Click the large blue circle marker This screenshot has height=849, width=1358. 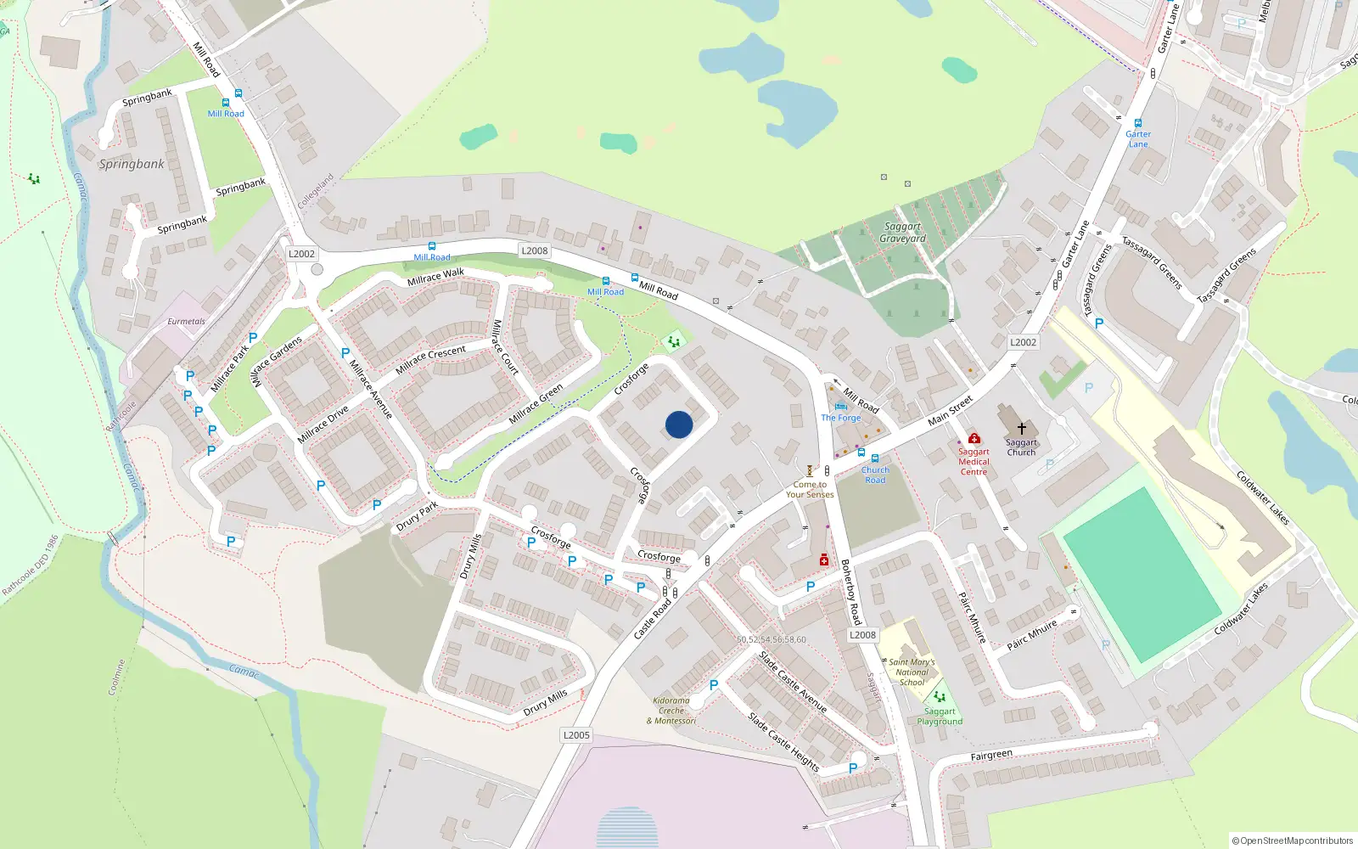[x=679, y=424]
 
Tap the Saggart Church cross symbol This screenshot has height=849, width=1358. [x=1022, y=429]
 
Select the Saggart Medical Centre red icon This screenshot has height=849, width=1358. [x=974, y=439]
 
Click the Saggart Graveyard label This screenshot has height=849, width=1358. [x=902, y=233]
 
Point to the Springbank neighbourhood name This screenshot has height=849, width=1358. [x=132, y=164]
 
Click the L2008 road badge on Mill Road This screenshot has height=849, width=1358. [x=535, y=250]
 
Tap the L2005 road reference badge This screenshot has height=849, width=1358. [x=576, y=735]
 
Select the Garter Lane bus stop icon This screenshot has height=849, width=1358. [x=1138, y=123]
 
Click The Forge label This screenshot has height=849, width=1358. [x=841, y=418]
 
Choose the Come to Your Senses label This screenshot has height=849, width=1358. [x=810, y=489]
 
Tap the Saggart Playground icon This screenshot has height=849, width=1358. [x=940, y=697]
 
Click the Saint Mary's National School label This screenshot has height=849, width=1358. [x=912, y=672]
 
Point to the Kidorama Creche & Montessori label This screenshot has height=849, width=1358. [x=671, y=711]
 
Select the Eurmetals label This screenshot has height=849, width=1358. [x=186, y=322]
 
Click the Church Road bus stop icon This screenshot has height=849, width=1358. [x=875, y=458]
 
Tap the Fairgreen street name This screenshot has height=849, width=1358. [x=991, y=755]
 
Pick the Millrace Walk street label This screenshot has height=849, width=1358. [x=435, y=277]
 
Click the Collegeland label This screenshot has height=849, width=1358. [x=316, y=192]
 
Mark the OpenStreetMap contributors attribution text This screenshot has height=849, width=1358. [x=1293, y=841]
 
